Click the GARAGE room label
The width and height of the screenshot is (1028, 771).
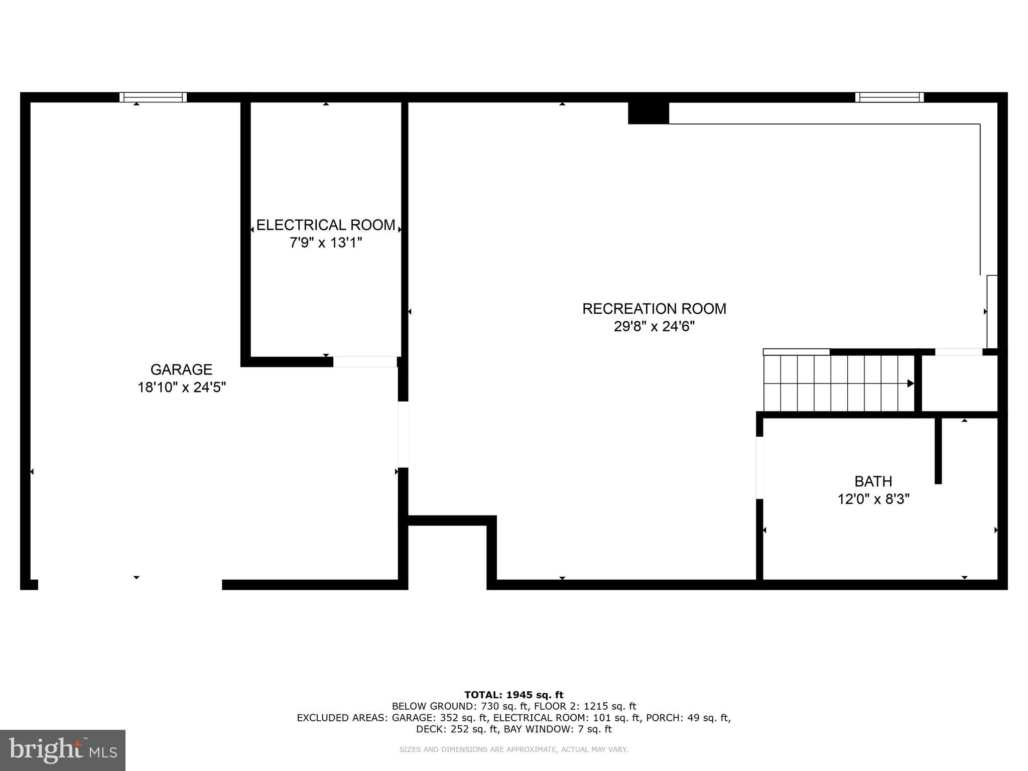pyautogui.click(x=181, y=369)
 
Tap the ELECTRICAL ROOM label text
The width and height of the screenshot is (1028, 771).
pyautogui.click(x=326, y=225)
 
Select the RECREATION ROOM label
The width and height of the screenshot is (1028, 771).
pyautogui.click(x=654, y=309)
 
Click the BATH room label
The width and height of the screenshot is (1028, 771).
pyautogui.click(x=873, y=481)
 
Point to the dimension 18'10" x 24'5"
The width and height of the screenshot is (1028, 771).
pyautogui.click(x=182, y=388)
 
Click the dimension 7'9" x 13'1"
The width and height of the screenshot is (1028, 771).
pyautogui.click(x=326, y=243)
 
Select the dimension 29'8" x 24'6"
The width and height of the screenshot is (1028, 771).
pyautogui.click(x=654, y=327)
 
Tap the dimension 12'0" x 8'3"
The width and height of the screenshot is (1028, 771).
pyautogui.click(x=873, y=499)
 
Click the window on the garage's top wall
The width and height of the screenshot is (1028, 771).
pyautogui.click(x=153, y=97)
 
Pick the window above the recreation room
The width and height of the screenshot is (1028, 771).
pyautogui.click(x=889, y=97)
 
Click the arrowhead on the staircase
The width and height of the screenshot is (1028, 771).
pyautogui.click(x=910, y=383)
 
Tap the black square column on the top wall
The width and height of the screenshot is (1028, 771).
pyautogui.click(x=648, y=113)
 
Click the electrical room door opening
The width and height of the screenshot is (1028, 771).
pyautogui.click(x=365, y=362)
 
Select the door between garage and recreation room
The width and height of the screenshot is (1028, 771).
pyautogui.click(x=403, y=434)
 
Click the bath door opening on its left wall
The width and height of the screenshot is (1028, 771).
pyautogui.click(x=759, y=467)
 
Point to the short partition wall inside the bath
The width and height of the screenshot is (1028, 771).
pyautogui.click(x=938, y=450)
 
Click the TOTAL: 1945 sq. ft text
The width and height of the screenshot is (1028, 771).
pyautogui.click(x=513, y=695)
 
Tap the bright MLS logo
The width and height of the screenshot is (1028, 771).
pyautogui.click(x=62, y=750)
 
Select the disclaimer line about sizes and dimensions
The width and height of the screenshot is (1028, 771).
pyautogui.click(x=513, y=749)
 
